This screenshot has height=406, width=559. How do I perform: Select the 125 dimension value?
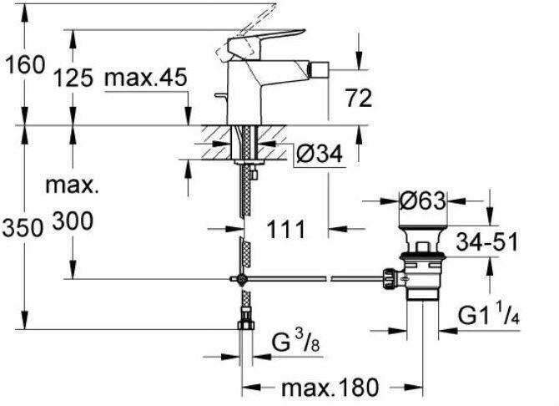[73, 78]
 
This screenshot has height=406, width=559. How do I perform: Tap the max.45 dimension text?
[146, 77]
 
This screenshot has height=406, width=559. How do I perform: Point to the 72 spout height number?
[359, 99]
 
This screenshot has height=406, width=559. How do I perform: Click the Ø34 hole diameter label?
[320, 154]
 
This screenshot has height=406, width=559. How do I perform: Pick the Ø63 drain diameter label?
[422, 201]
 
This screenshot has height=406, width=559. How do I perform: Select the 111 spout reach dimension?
[286, 229]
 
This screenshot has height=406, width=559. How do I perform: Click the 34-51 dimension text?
[487, 241]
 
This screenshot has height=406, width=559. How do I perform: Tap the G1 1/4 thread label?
[489, 315]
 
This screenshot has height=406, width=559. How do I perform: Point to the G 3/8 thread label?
[296, 341]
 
